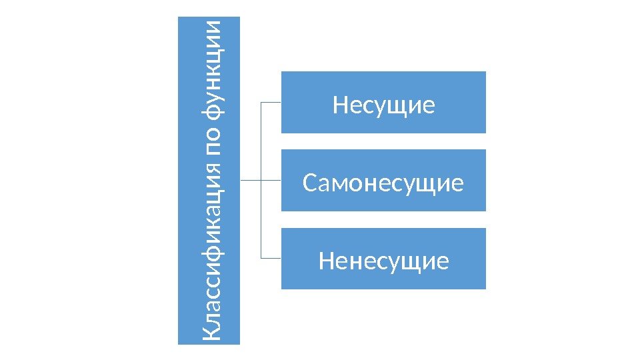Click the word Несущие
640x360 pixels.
(383, 105)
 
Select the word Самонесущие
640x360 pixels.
(383, 182)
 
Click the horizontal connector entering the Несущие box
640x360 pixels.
(270, 103)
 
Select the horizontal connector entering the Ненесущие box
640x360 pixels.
(270, 258)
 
